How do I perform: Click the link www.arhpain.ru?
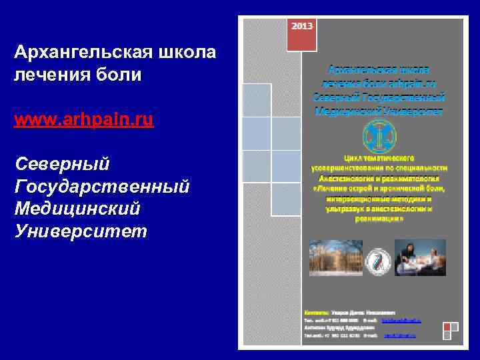[83, 120]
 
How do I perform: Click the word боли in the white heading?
[122, 73]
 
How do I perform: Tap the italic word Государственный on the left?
[101, 185]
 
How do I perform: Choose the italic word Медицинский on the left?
[77, 208]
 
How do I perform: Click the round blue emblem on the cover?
[379, 137]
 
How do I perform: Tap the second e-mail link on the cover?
[399, 335]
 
